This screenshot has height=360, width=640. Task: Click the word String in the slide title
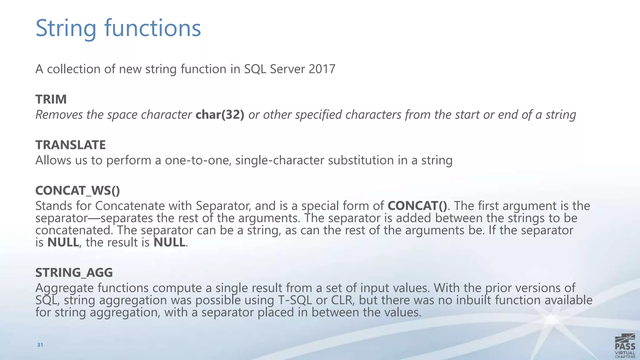(x=66, y=28)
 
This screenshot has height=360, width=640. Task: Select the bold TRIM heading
(x=51, y=99)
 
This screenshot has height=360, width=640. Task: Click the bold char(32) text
(x=220, y=115)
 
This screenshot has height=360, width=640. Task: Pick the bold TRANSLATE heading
(x=70, y=145)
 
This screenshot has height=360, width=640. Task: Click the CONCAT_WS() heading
(x=77, y=191)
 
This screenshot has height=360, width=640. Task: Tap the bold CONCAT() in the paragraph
(x=417, y=206)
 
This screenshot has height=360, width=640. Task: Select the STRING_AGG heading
(x=74, y=273)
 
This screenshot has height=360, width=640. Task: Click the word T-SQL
(x=295, y=300)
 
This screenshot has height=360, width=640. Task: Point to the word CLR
(x=342, y=300)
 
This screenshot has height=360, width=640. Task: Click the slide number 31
(x=40, y=345)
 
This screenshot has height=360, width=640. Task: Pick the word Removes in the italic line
(x=59, y=115)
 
